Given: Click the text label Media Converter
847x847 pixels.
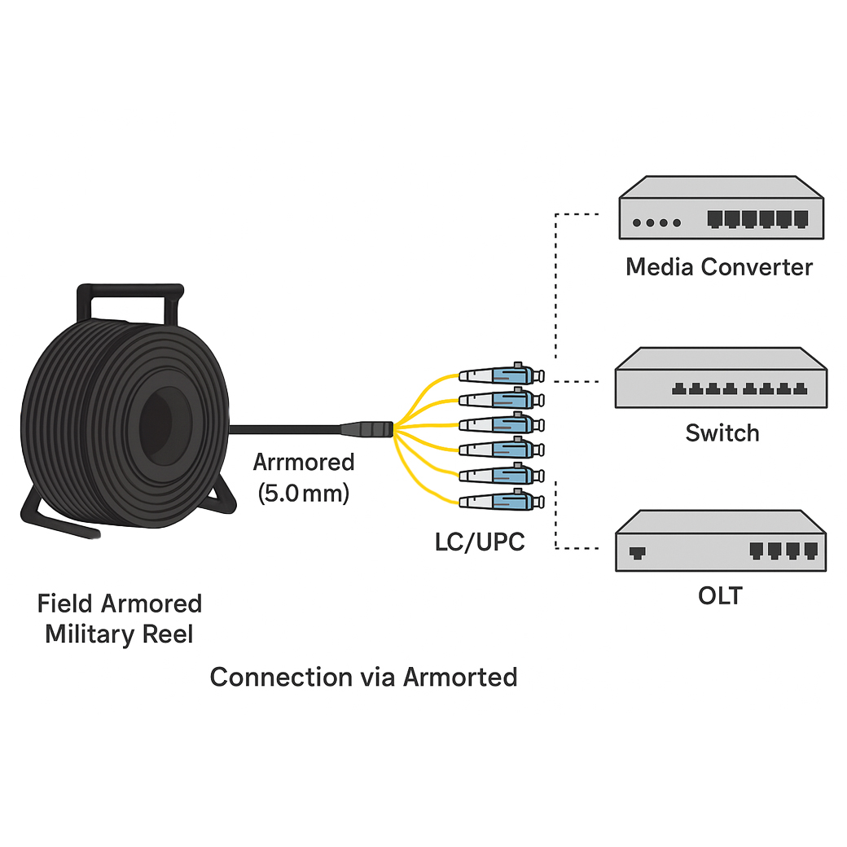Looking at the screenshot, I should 719,267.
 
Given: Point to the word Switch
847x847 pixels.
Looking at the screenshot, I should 722,432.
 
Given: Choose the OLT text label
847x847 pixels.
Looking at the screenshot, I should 720,595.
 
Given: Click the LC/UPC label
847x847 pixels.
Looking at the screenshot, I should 480,541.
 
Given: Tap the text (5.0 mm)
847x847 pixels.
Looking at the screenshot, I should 304,493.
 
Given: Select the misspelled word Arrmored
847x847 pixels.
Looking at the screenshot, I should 304,463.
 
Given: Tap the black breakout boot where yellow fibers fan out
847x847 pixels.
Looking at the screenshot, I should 367,428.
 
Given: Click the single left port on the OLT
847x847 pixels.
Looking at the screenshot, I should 638,551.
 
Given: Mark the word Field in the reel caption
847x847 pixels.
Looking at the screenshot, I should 65,604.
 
